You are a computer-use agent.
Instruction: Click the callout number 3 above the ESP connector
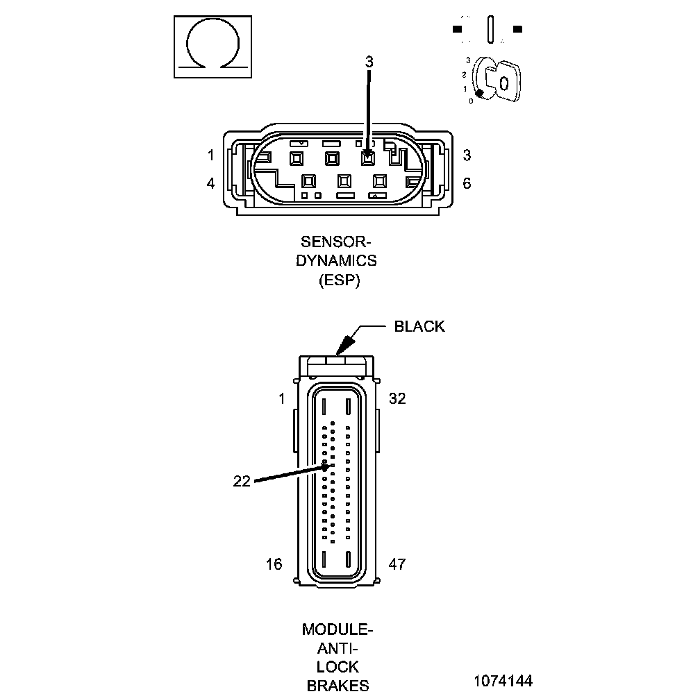click(x=369, y=61)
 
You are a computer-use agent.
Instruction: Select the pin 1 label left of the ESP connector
click(x=211, y=155)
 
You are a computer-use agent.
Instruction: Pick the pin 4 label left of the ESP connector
click(x=211, y=183)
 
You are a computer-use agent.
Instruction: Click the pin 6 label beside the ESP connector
click(x=467, y=183)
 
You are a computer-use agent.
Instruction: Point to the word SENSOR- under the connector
click(x=336, y=242)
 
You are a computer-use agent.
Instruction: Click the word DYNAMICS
click(x=336, y=261)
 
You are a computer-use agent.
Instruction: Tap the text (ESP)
click(x=338, y=281)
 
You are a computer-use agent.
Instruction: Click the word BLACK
click(x=419, y=326)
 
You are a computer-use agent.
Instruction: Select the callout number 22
click(x=241, y=481)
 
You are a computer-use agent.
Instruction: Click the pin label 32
click(x=397, y=398)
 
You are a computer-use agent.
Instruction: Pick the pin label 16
click(x=274, y=564)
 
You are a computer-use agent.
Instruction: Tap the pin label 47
click(x=397, y=564)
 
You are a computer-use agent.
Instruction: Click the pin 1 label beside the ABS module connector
click(x=281, y=398)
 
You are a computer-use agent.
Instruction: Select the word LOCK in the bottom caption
click(x=338, y=668)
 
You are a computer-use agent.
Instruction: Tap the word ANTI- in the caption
click(x=338, y=649)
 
